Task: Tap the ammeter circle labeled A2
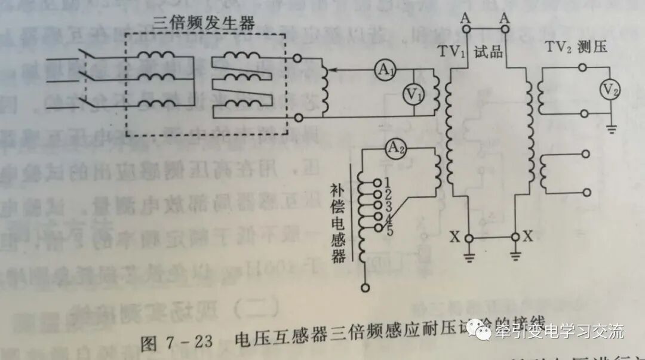(394, 148)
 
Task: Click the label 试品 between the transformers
(488, 53)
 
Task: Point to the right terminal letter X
(528, 236)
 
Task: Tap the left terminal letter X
(456, 236)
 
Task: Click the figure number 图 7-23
(177, 343)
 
